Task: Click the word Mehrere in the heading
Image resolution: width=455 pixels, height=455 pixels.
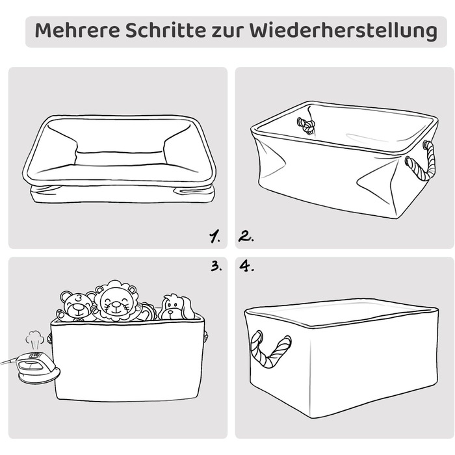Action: tap(77, 30)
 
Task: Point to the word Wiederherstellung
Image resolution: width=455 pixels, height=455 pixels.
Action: tap(343, 31)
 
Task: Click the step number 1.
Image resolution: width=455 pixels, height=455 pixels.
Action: tap(214, 237)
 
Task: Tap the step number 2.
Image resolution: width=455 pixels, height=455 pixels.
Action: tap(246, 237)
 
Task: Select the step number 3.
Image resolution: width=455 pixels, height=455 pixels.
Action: tap(216, 265)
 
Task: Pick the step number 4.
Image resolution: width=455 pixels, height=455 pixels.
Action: tap(246, 266)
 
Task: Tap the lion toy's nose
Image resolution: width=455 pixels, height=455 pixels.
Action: tap(116, 304)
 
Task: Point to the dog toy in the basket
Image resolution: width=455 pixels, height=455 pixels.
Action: tap(177, 307)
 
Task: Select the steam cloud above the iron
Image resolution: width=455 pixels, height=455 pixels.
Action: tap(34, 338)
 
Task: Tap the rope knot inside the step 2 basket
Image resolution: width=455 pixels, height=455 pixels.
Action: tap(306, 125)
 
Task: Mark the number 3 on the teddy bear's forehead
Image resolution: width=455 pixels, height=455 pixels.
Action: tap(79, 298)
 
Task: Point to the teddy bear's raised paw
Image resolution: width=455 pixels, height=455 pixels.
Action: tap(61, 315)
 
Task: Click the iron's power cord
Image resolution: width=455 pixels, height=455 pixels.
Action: tap(8, 362)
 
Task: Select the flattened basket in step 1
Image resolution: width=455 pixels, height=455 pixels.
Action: tap(119, 159)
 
